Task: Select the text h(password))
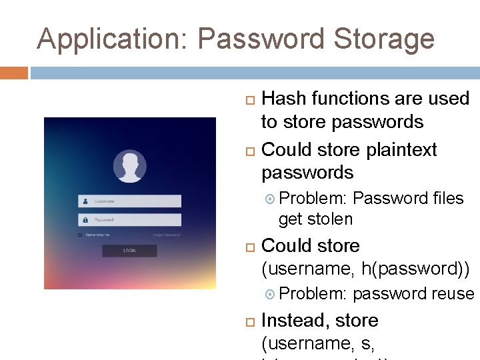415,269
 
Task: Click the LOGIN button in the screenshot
129,251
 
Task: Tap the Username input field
130,201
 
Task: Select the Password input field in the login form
130,219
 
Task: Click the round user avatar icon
130,166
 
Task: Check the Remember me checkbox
80,235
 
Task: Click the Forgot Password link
167,235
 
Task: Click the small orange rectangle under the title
14,73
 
